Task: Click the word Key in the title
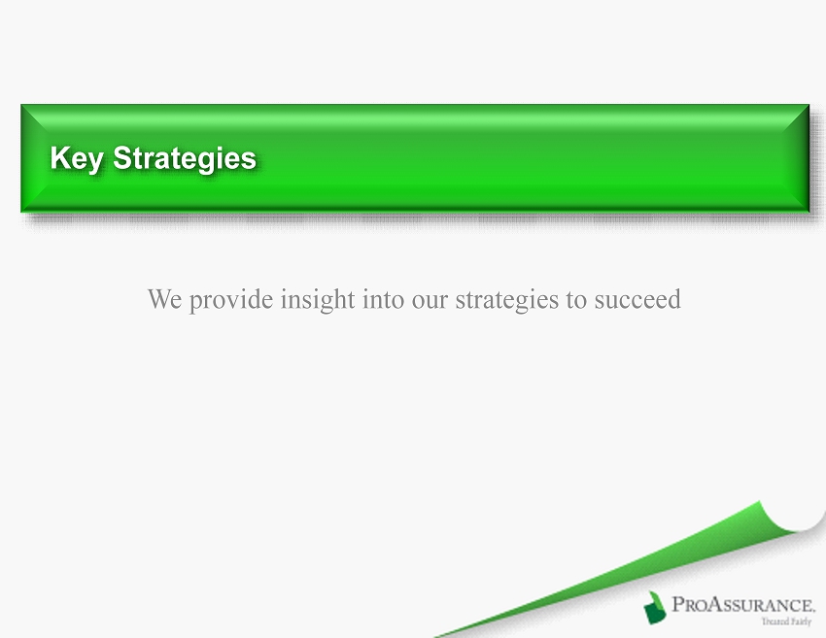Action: pos(76,158)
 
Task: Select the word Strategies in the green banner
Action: pos(185,158)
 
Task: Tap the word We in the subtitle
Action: pos(164,299)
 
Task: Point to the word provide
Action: pos(231,300)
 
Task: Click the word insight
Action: pos(318,300)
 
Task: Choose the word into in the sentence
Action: pos(384,299)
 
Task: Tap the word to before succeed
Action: pos(576,301)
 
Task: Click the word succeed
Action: pos(637,299)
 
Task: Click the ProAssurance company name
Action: pos(743,604)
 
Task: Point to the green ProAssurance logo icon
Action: pos(654,608)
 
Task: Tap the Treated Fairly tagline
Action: pos(786,621)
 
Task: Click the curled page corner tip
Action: pos(760,502)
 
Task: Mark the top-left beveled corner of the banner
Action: pos(21,104)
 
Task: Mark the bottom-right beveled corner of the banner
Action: pos(809,212)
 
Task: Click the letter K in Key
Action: pos(59,157)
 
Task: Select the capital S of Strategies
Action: pos(121,157)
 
